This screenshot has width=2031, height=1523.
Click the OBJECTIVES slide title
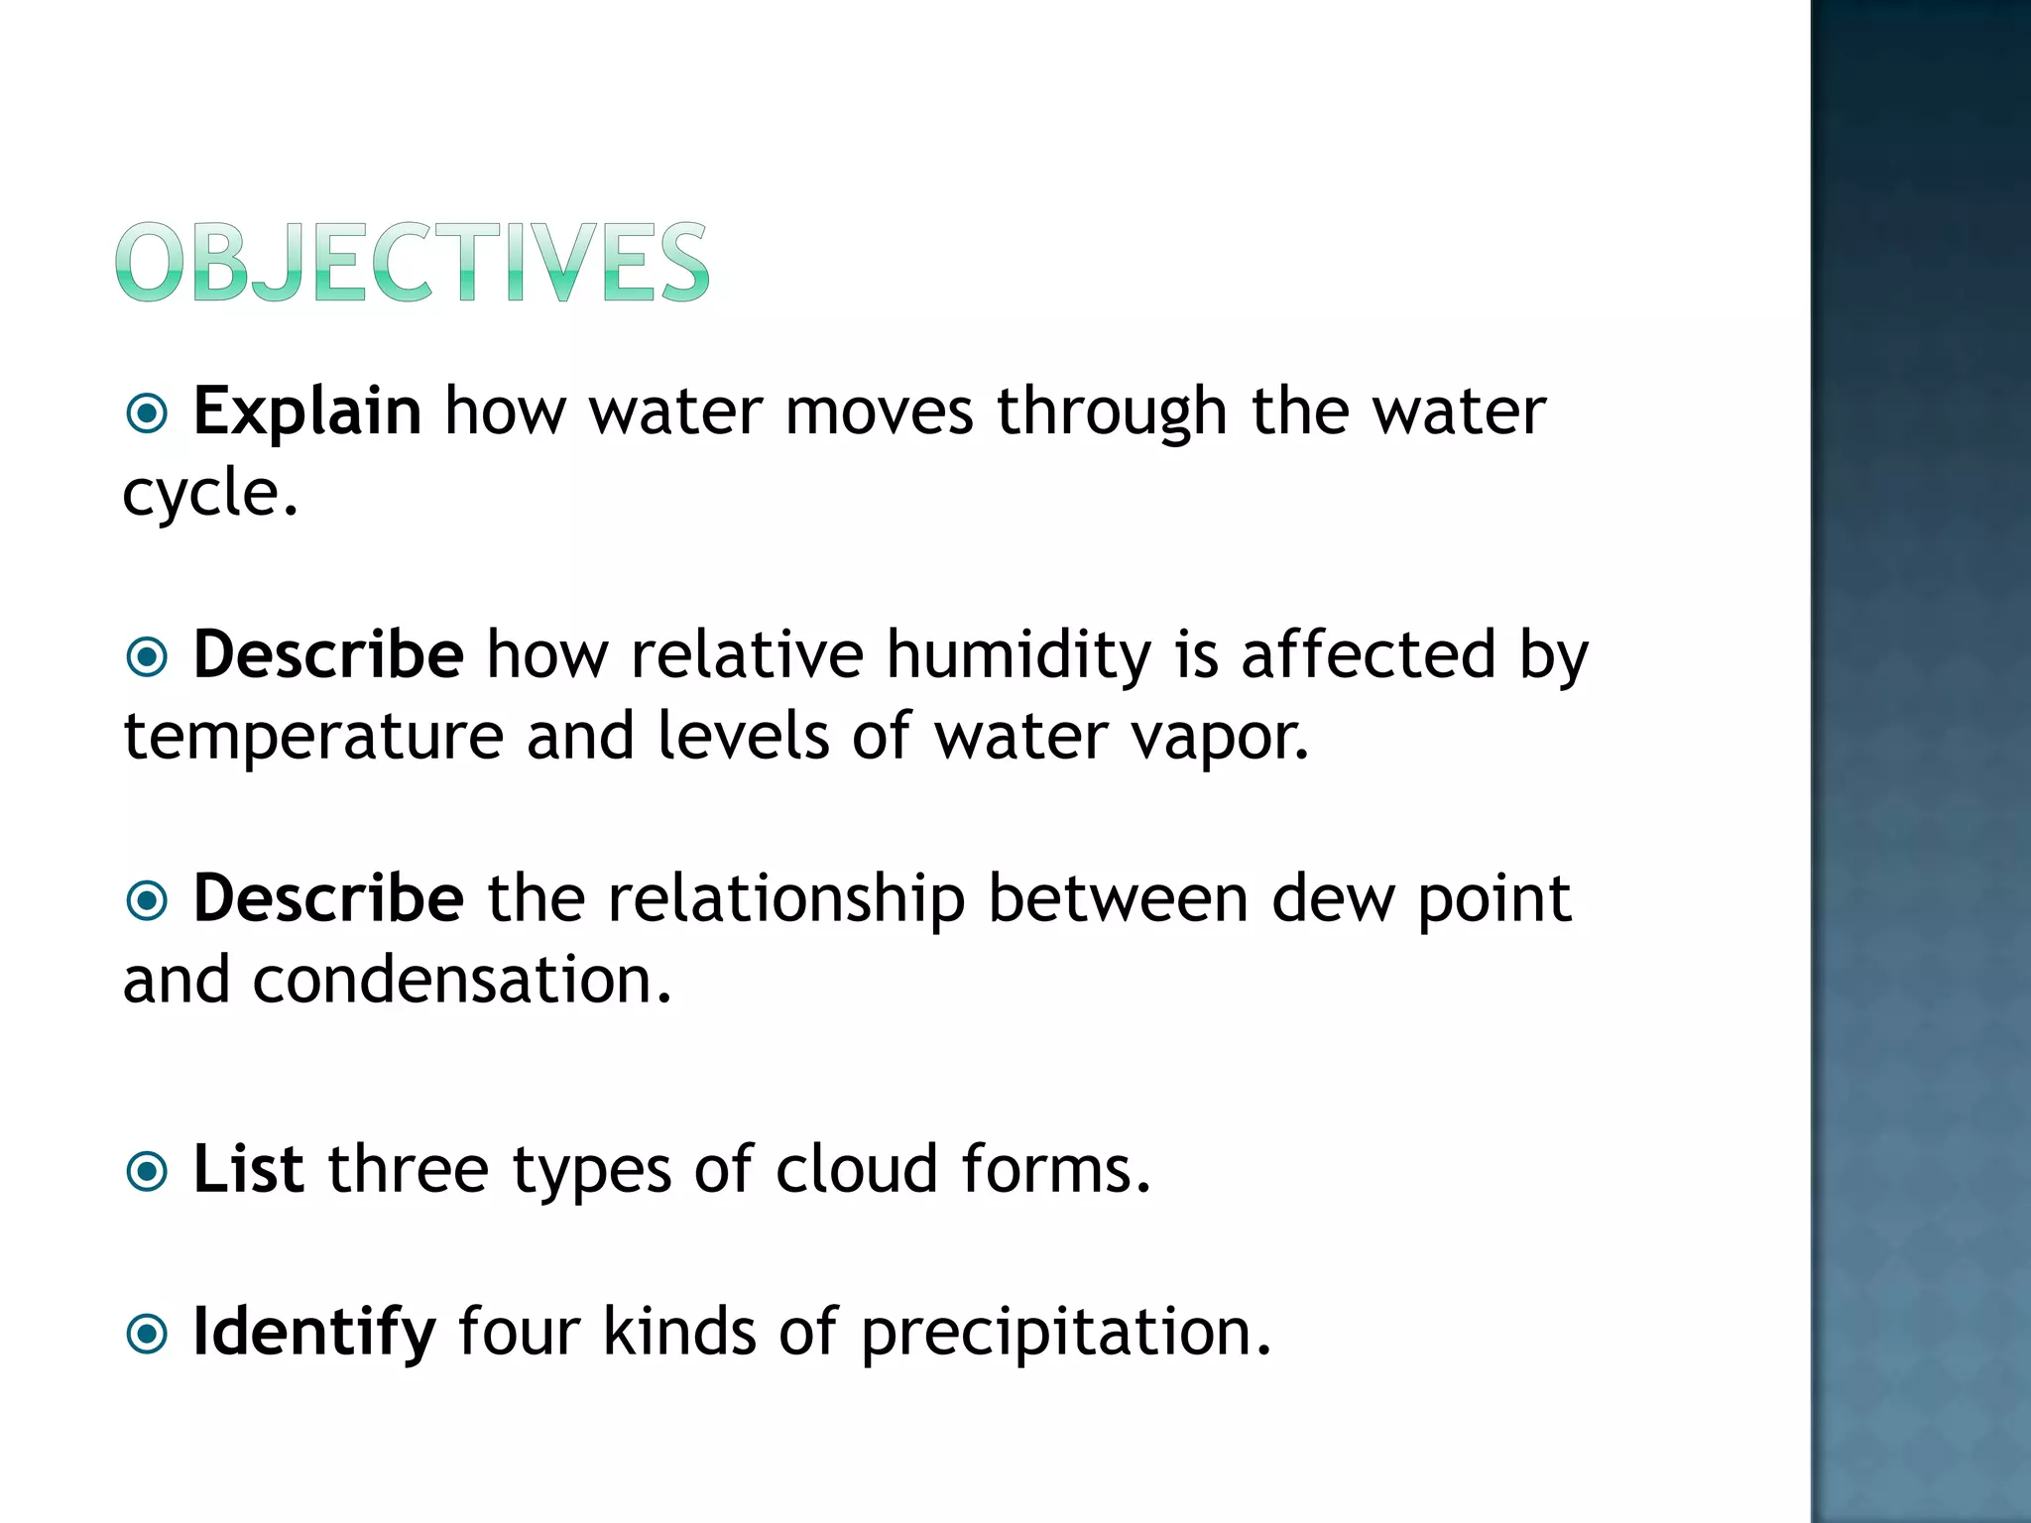[x=412, y=262]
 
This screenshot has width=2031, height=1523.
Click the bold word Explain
[x=307, y=410]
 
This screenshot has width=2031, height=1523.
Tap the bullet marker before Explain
[x=148, y=412]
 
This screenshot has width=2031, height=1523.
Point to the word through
[x=1112, y=412]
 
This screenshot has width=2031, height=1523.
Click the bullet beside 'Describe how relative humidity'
[x=148, y=656]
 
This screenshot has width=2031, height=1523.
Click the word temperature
[x=313, y=738]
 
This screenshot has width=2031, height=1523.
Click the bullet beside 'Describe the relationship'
[x=148, y=900]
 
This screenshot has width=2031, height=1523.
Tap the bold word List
[x=248, y=1169]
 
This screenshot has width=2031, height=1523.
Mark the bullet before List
[x=148, y=1172]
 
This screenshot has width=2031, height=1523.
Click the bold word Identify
[x=313, y=1333]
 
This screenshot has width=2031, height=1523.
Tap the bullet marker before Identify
[x=148, y=1334]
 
